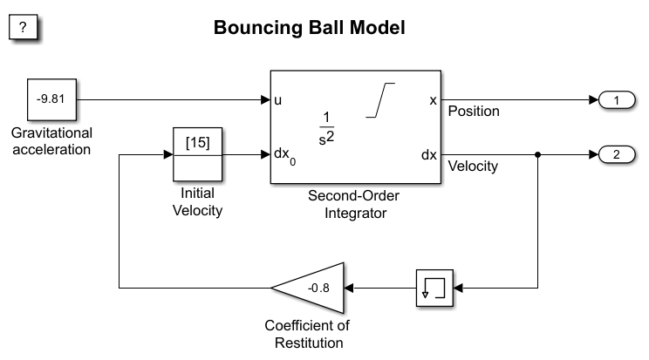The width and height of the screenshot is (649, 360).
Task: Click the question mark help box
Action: point(24,27)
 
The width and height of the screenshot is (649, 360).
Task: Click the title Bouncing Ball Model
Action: point(310,28)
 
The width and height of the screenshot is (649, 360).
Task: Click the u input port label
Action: point(278,100)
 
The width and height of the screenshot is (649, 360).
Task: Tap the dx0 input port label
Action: point(285,156)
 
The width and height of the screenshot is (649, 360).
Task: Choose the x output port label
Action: point(433,100)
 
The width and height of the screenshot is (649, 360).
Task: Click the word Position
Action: point(474,112)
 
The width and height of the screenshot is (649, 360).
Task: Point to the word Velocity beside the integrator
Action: point(473,166)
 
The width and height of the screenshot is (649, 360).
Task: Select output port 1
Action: point(617,100)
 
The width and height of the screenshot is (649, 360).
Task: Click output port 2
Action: point(617,155)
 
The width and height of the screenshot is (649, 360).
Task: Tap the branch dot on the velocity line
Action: point(537,155)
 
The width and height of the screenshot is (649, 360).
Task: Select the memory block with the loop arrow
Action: point(434,286)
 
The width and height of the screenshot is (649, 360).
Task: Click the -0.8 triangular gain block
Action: point(315,286)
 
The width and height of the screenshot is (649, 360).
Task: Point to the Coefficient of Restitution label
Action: point(306,334)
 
